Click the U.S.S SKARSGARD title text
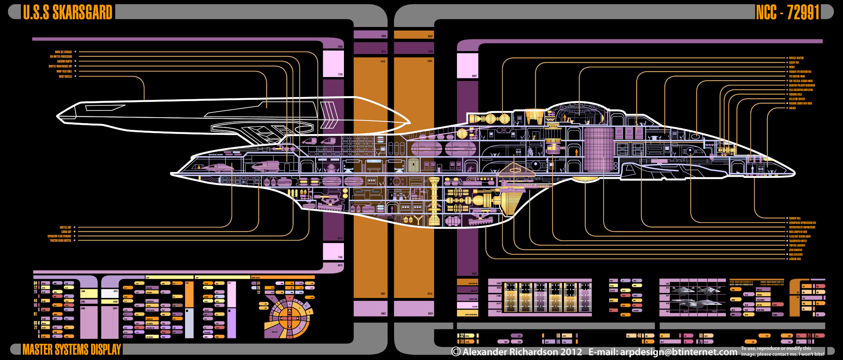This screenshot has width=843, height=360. tap(67, 12)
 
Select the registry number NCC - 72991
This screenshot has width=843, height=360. tap(787, 12)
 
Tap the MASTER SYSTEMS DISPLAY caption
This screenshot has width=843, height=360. tap(72, 349)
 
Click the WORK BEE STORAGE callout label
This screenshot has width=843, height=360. tap(64, 52)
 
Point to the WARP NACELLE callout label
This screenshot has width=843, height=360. tap(65, 76)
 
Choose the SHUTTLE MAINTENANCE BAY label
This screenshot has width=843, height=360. tap(60, 66)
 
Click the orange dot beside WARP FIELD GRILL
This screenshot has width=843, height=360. tap(75, 71)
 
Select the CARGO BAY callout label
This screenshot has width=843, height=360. tap(66, 231)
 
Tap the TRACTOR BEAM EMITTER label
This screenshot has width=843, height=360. tap(61, 241)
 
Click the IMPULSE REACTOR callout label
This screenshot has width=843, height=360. tap(796, 58)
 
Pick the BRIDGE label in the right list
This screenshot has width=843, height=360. tap(792, 67)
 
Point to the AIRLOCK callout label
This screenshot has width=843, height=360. tap(792, 108)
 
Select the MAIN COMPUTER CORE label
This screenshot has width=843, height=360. tap(798, 232)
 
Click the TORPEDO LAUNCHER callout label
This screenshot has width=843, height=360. tap(797, 245)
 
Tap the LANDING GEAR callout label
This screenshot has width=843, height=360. tap(795, 259)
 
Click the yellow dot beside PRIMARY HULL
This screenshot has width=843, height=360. tap(787, 218)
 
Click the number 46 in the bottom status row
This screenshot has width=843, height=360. tap(639, 336)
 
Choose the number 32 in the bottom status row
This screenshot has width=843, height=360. tap(462, 336)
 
